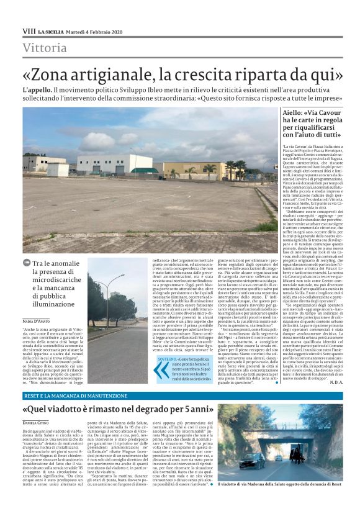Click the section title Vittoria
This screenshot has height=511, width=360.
44,48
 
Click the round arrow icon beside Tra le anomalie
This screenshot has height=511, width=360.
26,263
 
